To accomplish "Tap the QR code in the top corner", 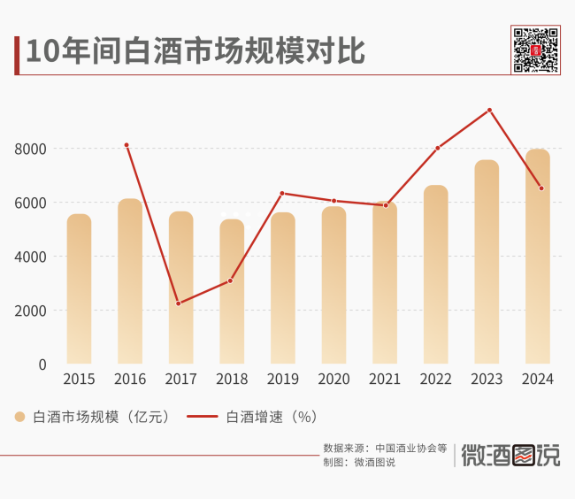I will coord(536,50).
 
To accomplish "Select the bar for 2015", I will coord(79,289).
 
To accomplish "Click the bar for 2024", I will coord(538,257).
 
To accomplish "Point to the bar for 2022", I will coord(436,274).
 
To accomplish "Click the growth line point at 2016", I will coord(126,145).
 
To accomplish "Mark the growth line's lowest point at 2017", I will coord(179,303).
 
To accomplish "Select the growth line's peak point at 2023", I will coord(489,110).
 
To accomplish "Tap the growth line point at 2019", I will coord(282,193).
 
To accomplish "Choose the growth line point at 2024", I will coord(540,188).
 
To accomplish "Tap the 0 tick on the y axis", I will coord(42,365).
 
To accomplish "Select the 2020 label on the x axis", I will coord(333,380).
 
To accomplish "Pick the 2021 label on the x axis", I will coord(385,380).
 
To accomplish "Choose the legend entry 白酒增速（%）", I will coord(253,416).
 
